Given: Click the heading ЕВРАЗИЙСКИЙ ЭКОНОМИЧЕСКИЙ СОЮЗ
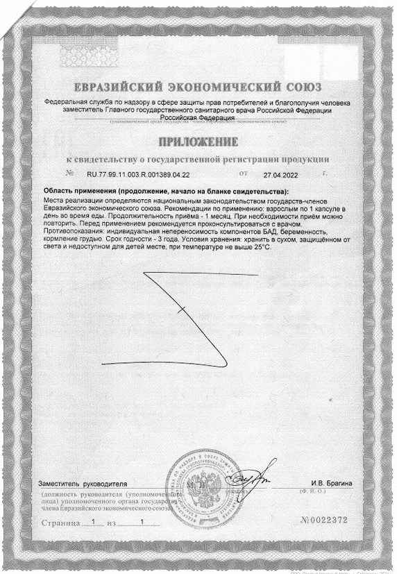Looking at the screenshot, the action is pyautogui.click(x=198, y=88).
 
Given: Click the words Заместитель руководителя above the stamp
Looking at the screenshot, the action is pyautogui.click(x=83, y=482).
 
